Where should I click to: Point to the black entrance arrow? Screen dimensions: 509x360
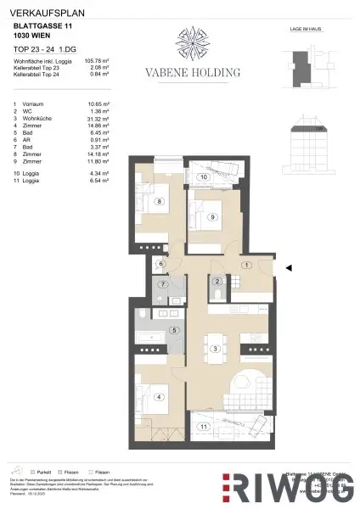290,268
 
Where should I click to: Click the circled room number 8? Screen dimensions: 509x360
159,201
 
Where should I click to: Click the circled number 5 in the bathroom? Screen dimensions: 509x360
174,330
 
